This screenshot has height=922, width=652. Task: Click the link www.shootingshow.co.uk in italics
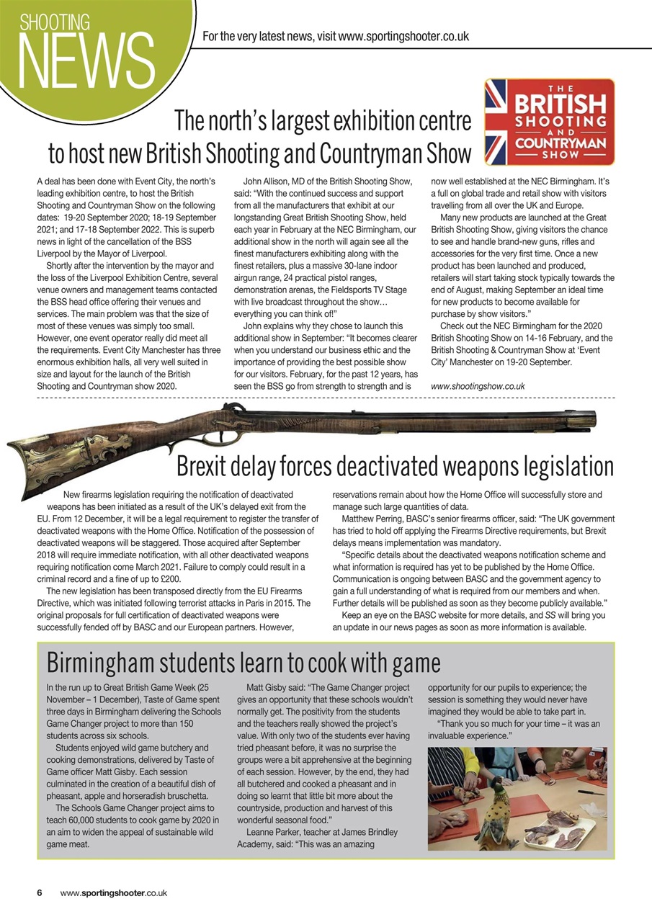(x=477, y=386)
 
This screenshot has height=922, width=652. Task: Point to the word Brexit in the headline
(x=210, y=467)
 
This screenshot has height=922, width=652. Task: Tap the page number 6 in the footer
(x=40, y=892)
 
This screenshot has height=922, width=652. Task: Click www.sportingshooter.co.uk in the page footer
(x=114, y=892)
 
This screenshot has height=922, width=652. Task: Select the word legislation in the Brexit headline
(x=557, y=467)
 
